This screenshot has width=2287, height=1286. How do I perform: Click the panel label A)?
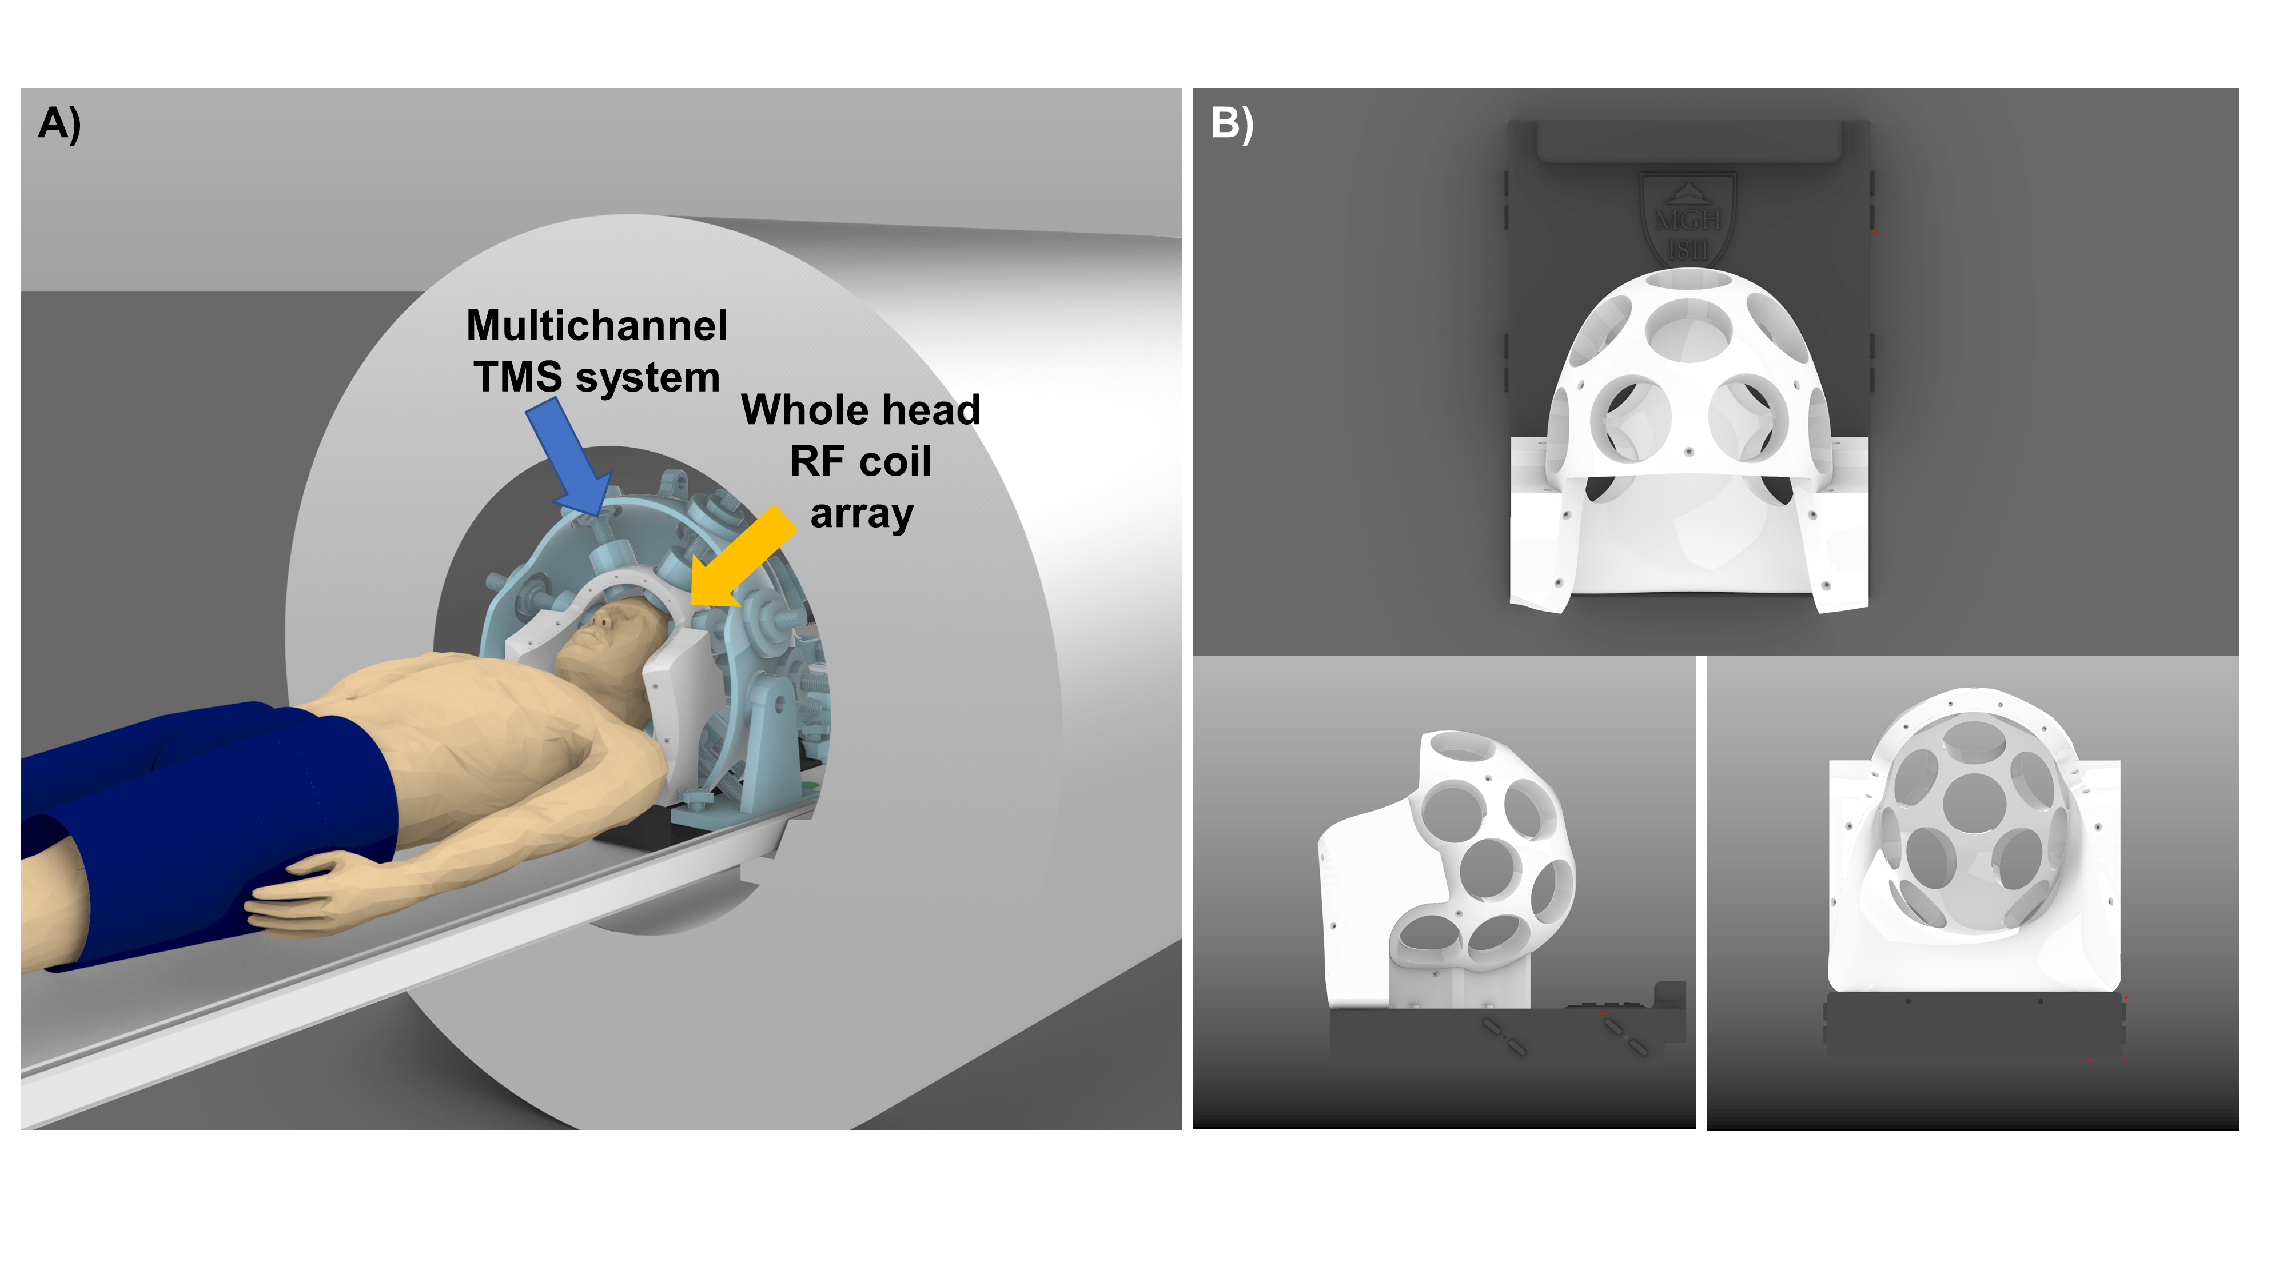click(59, 123)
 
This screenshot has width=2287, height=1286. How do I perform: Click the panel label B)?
click(1232, 123)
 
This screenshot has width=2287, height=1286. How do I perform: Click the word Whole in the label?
click(805, 410)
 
